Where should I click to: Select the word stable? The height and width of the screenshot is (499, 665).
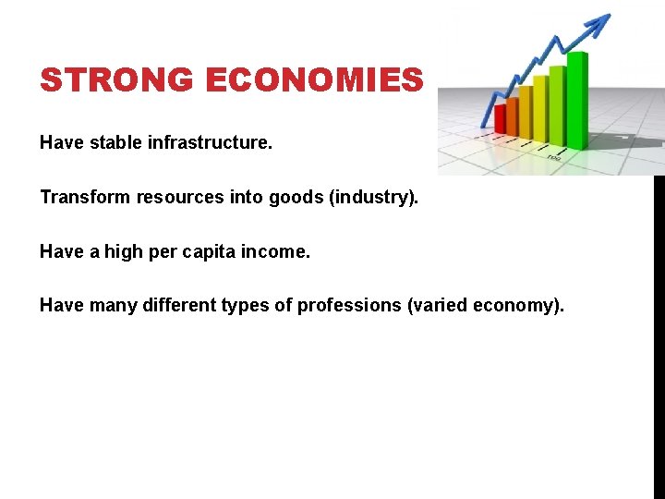pos(115,143)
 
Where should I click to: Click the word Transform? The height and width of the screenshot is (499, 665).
pos(78,198)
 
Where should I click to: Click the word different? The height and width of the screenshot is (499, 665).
pos(178,306)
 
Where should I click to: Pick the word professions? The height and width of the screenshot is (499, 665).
pos(350,306)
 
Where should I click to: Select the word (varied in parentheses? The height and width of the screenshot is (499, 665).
pos(436,306)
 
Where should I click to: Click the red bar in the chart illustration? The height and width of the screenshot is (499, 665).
pos(501,119)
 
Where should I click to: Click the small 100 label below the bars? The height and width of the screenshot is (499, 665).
pos(553,158)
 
